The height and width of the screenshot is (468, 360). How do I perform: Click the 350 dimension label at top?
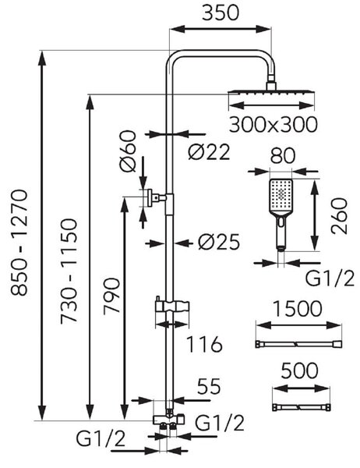(x=220, y=13)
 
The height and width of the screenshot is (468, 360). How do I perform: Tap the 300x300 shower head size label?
(x=273, y=125)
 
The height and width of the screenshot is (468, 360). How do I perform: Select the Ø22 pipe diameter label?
(x=209, y=151)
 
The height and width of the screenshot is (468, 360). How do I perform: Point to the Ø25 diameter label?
(x=219, y=242)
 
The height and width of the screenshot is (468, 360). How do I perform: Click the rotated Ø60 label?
(x=129, y=151)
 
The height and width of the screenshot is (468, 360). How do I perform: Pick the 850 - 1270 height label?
(x=19, y=243)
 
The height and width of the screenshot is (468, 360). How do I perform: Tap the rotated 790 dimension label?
(x=111, y=296)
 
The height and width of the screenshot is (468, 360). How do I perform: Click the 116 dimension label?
(x=204, y=344)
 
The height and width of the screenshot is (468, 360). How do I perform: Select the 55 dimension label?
(x=209, y=387)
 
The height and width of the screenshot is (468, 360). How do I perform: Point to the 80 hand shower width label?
(x=283, y=155)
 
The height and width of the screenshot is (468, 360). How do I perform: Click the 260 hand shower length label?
(x=340, y=216)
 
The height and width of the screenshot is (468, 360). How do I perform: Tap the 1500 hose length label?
(x=298, y=309)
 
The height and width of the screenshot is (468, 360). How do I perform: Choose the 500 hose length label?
(x=299, y=370)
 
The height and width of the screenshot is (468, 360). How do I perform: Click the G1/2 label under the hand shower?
(x=330, y=278)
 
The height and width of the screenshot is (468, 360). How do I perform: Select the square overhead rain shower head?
(x=271, y=92)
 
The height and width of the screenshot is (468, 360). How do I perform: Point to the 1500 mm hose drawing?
(x=298, y=344)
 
